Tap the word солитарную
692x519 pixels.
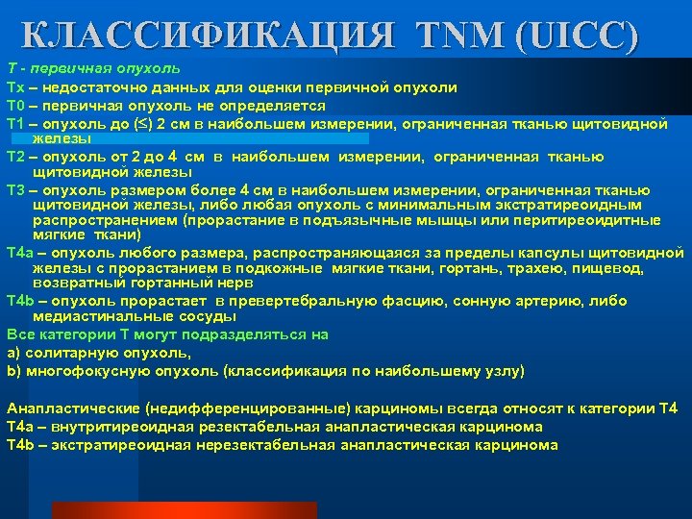pos(65,352)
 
